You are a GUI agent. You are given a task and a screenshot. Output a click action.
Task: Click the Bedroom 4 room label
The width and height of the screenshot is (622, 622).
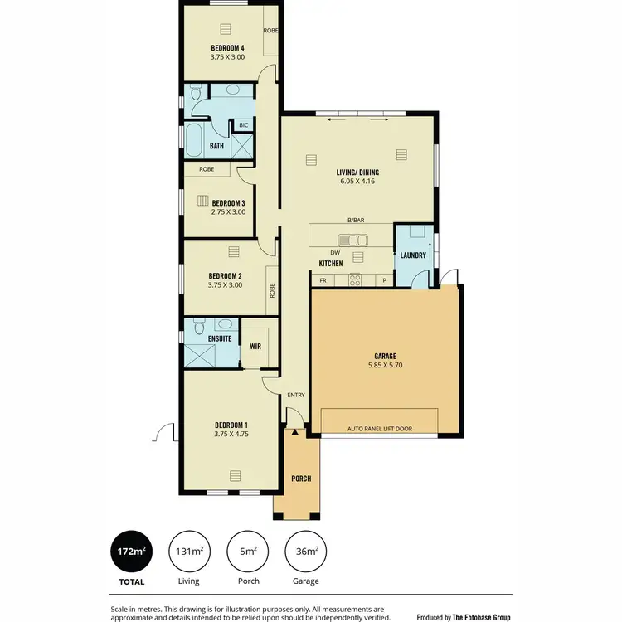pyautogui.click(x=226, y=47)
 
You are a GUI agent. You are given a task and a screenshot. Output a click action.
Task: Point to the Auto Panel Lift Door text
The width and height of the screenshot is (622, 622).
pyautogui.click(x=379, y=430)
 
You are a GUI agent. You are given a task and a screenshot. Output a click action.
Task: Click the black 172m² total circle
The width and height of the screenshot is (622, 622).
pyautogui.click(x=131, y=551)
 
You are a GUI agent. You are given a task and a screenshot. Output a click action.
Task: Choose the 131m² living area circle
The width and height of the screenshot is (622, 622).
pyautogui.click(x=188, y=551)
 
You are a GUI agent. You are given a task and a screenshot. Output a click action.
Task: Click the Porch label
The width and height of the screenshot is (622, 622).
pyautogui.click(x=300, y=479)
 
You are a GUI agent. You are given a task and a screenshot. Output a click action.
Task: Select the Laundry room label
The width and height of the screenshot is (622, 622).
pyautogui.click(x=412, y=255)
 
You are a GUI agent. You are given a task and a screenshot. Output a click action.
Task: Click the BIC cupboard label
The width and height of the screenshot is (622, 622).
pyautogui.click(x=243, y=125)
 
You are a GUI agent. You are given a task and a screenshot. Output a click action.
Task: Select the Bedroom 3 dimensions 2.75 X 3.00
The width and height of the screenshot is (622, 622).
pyautogui.click(x=228, y=212)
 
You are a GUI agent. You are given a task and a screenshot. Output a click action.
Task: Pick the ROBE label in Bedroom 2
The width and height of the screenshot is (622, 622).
pyautogui.click(x=271, y=291)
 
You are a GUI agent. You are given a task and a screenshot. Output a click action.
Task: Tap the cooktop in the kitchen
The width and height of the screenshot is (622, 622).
pyautogui.click(x=354, y=279)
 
